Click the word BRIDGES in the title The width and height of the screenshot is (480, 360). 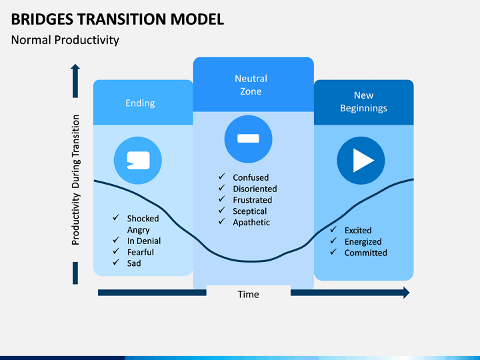click(x=42, y=19)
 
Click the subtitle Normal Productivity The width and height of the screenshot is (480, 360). click(x=65, y=41)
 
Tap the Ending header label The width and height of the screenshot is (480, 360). click(x=140, y=103)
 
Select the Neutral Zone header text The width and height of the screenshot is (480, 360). click(x=251, y=85)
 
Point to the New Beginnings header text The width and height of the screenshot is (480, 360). click(x=364, y=101)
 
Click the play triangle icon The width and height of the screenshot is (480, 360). click(x=363, y=161)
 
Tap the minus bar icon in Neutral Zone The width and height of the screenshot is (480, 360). click(x=248, y=139)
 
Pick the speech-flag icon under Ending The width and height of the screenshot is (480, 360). click(x=139, y=161)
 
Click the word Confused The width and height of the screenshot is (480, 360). click(x=251, y=177)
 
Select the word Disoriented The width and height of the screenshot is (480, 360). click(x=255, y=189)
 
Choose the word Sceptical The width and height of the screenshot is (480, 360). click(x=250, y=211)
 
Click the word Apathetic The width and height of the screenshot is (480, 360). click(x=251, y=223)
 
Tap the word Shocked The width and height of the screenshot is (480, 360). click(x=143, y=219)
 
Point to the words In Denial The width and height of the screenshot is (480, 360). click(x=144, y=241)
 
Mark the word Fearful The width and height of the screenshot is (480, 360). click(x=141, y=252)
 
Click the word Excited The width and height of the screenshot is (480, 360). click(x=358, y=231)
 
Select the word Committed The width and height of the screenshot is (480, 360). click(x=366, y=253)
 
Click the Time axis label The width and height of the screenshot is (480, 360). click(x=248, y=295)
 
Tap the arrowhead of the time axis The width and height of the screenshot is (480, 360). click(x=407, y=293)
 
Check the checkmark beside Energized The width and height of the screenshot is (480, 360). click(x=333, y=241)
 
